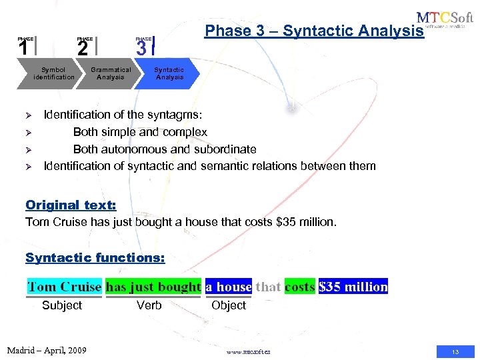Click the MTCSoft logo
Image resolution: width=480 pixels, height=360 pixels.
445,21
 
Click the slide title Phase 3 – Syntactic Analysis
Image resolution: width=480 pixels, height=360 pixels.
314,31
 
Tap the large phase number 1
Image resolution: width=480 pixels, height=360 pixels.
23,49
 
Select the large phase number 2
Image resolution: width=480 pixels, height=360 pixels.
82,49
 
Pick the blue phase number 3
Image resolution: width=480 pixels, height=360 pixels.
141,49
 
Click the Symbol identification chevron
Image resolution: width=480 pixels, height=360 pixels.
53,73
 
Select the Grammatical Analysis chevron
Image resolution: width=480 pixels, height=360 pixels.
111,73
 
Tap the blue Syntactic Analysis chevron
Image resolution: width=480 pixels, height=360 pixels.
169,73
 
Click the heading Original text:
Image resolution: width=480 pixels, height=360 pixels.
71,205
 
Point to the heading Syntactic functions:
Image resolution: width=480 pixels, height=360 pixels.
95,257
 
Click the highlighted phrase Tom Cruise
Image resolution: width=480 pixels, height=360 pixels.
64,287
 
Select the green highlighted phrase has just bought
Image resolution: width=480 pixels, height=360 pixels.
153,287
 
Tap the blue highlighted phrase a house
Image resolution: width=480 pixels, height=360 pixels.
229,287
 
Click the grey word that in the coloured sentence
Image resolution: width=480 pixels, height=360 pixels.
268,287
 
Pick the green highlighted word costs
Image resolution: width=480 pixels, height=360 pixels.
299,287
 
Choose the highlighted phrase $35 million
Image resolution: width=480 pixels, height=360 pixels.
353,287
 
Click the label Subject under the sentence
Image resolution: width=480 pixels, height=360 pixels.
62,305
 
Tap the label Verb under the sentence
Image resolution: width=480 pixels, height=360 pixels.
149,305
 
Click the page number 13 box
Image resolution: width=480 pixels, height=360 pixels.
455,351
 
